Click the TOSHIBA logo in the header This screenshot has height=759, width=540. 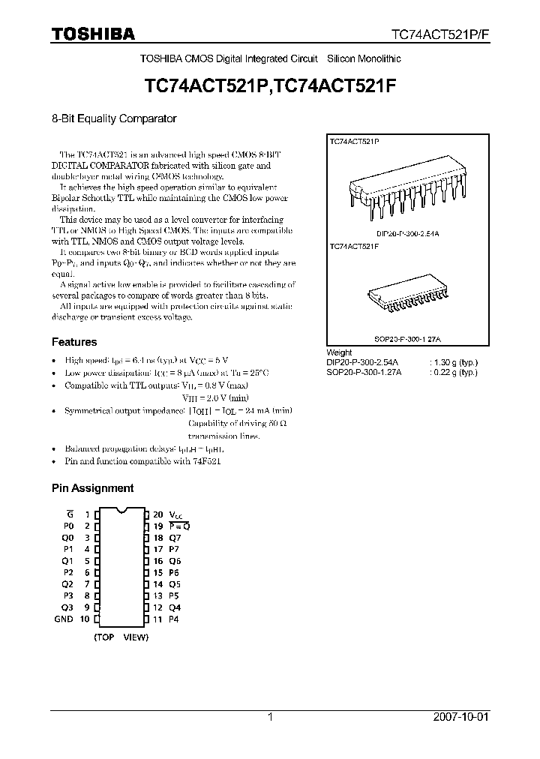point(93,34)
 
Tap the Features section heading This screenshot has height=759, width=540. point(73,342)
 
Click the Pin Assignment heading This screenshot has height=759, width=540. point(92,487)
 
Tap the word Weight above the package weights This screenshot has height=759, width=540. point(340,352)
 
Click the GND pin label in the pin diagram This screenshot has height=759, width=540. point(64,619)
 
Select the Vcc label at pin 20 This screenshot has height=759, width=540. point(176,515)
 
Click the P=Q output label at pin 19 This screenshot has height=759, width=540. point(178,526)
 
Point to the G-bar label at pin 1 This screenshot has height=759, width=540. point(69,514)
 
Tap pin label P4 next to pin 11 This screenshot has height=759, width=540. point(174,619)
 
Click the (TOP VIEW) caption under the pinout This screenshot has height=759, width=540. point(121,637)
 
